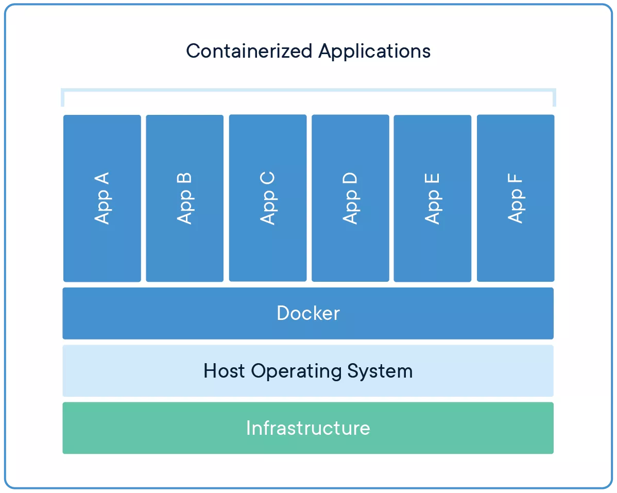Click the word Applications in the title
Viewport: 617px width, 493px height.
tap(374, 51)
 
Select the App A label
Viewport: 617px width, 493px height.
tap(102, 198)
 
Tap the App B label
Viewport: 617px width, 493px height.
tap(184, 198)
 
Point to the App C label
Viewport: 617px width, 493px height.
tap(268, 198)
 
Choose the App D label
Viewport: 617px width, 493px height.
tap(350, 198)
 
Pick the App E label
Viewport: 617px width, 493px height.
tap(433, 198)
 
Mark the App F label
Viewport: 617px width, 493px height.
tap(516, 198)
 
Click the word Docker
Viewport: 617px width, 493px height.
tap(308, 313)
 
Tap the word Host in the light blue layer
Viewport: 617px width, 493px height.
tap(224, 371)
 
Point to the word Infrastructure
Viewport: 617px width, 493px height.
tap(308, 428)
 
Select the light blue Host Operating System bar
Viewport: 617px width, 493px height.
tap(129, 371)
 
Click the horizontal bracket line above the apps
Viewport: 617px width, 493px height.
tap(308, 90)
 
